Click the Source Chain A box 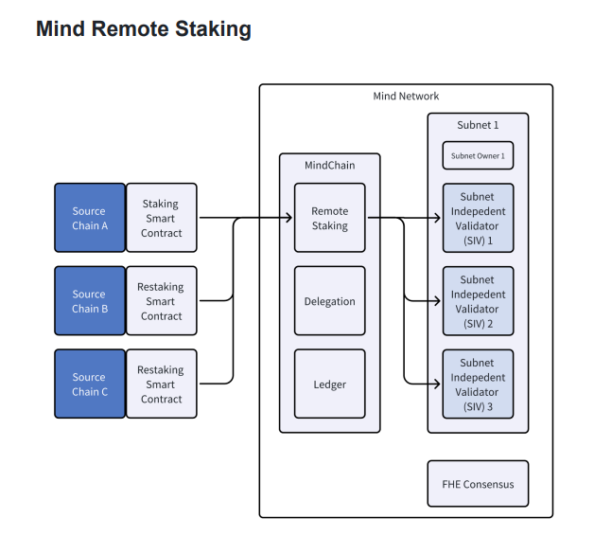(x=89, y=218)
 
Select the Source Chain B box (x=89, y=301)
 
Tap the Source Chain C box (x=89, y=384)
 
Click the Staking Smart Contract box (x=162, y=218)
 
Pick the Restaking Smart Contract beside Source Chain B (x=162, y=301)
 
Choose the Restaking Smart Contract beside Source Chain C (x=162, y=384)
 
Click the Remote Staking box (x=329, y=218)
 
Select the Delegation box (x=329, y=301)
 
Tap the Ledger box (x=329, y=384)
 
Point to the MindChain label (x=329, y=166)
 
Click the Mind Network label (x=406, y=97)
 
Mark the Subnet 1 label (x=477, y=124)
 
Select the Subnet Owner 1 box (x=478, y=155)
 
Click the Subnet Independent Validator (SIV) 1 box (x=478, y=218)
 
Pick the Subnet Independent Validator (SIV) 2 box (x=478, y=301)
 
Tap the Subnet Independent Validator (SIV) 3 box (x=478, y=384)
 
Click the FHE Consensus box (x=478, y=484)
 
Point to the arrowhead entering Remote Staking (x=288, y=219)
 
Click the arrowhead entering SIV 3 (x=436, y=384)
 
